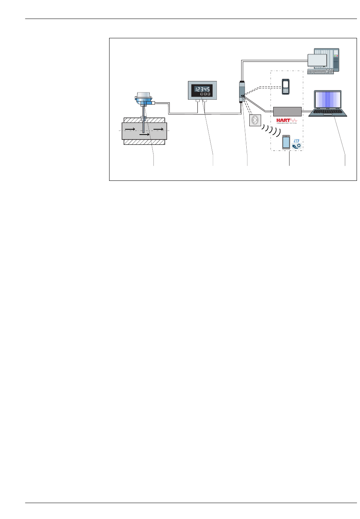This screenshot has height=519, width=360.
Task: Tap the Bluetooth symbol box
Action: coord(255,120)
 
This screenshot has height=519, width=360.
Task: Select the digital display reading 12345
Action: coord(202,89)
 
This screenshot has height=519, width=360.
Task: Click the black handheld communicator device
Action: coord(285,87)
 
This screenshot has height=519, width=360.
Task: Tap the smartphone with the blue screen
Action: coord(286,142)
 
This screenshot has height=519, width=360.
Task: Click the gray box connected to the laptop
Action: coord(287,111)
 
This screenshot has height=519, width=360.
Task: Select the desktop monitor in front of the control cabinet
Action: coord(317,61)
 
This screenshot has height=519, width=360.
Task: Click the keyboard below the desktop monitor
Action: coord(321,71)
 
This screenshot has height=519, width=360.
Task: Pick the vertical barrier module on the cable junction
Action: coord(241,91)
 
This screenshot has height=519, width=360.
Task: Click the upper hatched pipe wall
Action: coord(144,120)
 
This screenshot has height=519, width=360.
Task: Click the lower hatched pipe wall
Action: coord(144,142)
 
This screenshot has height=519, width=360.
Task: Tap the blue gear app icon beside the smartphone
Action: coord(296,144)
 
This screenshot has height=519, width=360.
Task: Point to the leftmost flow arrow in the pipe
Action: coord(130,129)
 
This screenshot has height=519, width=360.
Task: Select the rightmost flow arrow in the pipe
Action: coord(159,129)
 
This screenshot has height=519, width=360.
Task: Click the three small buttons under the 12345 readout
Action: coord(205,94)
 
